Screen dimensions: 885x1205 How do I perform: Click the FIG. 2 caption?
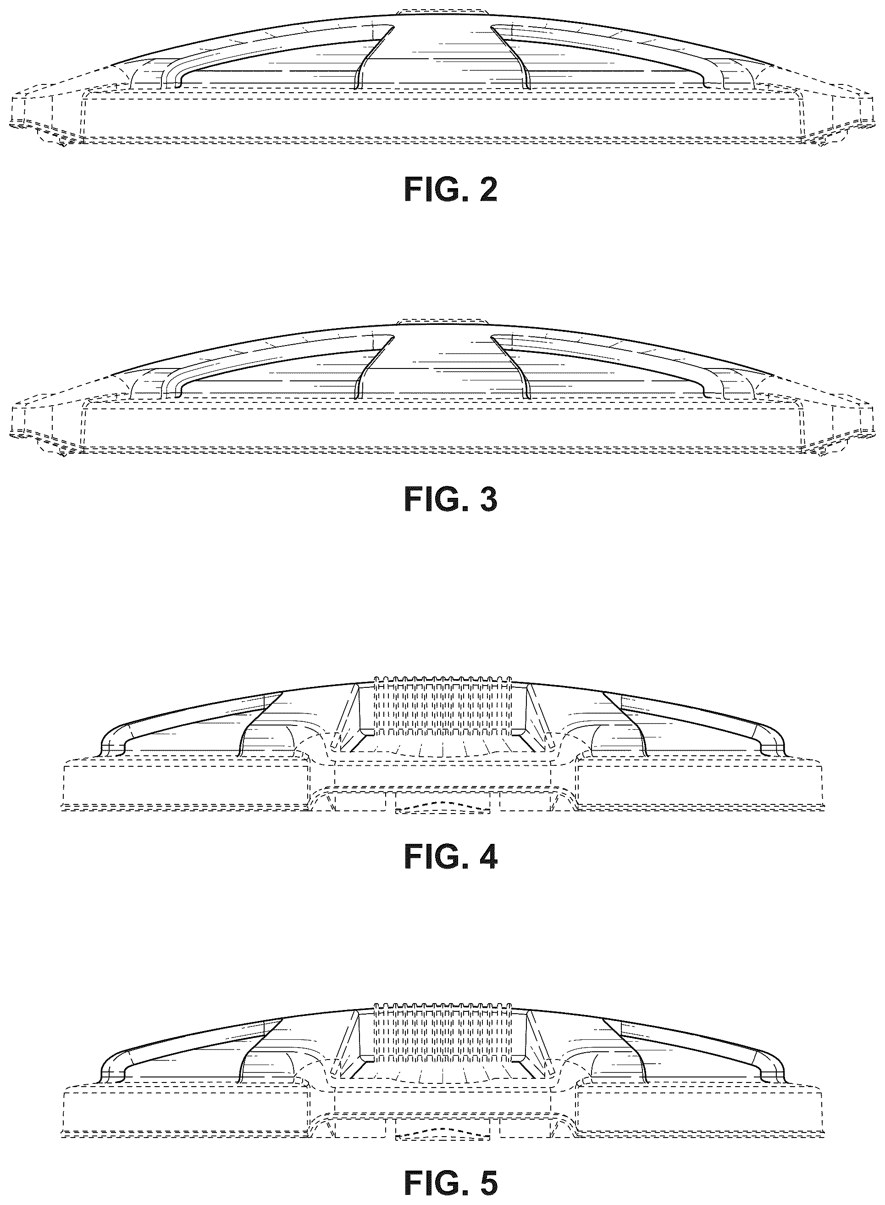[x=451, y=191]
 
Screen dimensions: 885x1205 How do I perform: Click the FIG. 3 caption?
[x=451, y=500]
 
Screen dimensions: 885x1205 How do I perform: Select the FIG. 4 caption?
[x=451, y=857]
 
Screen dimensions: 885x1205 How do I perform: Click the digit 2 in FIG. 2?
[x=488, y=191]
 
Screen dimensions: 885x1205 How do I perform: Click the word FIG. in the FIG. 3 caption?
[x=436, y=500]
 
